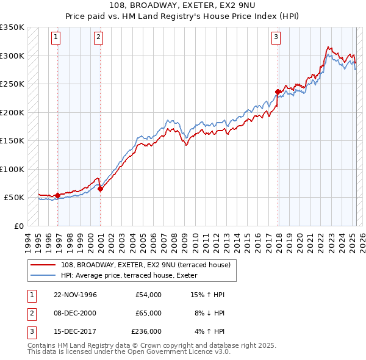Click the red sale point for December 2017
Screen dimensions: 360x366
tap(278, 92)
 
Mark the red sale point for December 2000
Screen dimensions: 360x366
tap(101, 189)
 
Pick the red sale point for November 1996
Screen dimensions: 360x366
tap(58, 195)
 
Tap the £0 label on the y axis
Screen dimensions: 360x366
tap(20, 226)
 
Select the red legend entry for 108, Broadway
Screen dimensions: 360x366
tap(145, 265)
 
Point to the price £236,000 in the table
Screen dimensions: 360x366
tap(146, 332)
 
